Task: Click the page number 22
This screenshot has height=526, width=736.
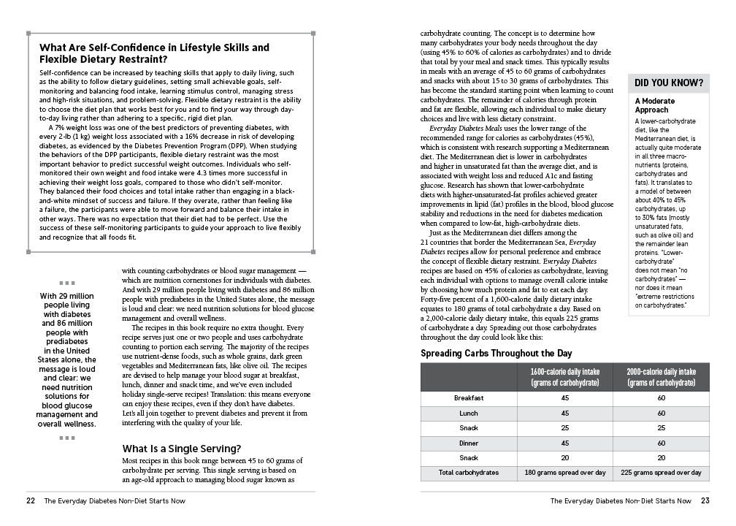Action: [31, 501]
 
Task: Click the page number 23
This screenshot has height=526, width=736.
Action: [705, 501]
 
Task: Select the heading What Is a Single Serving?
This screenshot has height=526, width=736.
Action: [182, 448]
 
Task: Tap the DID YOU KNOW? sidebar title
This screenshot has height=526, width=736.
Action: [669, 83]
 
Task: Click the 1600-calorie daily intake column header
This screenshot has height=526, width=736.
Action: [565, 377]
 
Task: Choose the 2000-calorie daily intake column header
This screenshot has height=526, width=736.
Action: [661, 377]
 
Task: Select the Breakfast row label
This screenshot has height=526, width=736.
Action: [469, 398]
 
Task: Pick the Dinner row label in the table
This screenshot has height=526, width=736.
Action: [469, 443]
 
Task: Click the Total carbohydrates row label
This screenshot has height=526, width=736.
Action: [469, 473]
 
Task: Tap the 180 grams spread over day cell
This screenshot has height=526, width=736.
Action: [565, 473]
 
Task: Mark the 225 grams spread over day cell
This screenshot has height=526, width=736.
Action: [661, 473]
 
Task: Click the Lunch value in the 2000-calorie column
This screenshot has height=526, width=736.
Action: [661, 413]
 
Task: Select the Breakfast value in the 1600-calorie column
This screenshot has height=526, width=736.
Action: [565, 398]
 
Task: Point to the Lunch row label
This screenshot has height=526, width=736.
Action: [469, 413]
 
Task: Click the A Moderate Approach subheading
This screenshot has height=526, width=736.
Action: [655, 105]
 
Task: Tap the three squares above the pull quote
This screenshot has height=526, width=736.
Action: [67, 283]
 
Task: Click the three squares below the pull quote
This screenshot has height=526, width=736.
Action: [67, 438]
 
